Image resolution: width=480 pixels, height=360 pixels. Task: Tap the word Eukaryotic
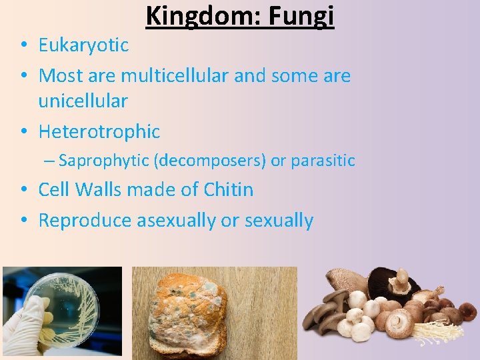(x=83, y=45)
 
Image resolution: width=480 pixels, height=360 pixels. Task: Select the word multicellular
(x=175, y=76)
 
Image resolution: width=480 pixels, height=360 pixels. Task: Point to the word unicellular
(x=83, y=101)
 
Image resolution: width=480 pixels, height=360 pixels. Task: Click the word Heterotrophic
(x=99, y=132)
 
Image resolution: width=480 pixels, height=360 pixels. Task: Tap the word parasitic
(x=323, y=161)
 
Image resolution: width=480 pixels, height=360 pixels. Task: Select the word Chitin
(x=228, y=190)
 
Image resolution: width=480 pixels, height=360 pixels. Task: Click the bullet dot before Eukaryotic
(x=23, y=46)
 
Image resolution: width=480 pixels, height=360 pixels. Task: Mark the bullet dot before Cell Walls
(x=23, y=191)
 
